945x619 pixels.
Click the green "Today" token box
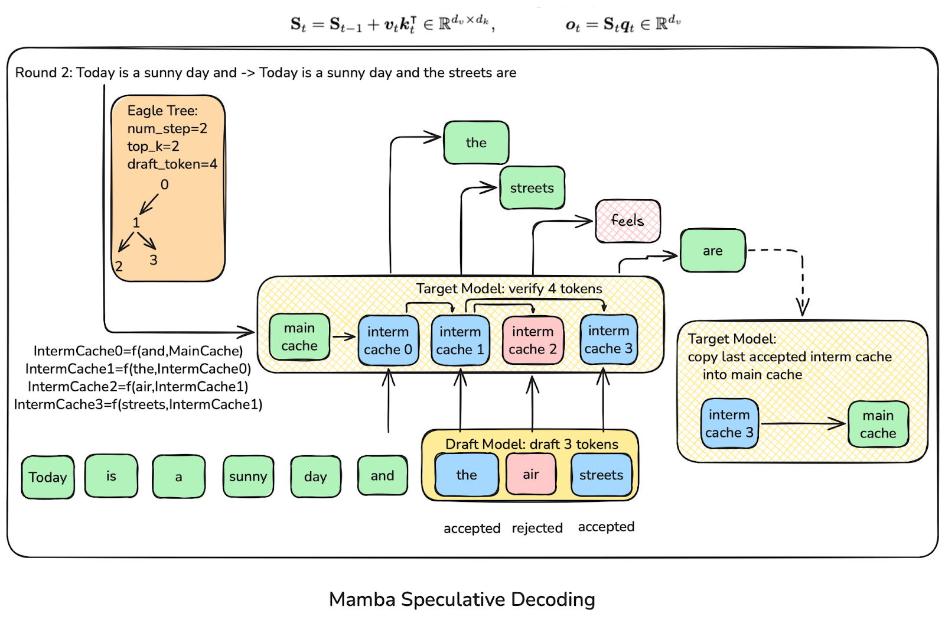(48, 477)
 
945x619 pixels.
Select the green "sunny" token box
(248, 477)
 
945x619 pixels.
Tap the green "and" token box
(382, 476)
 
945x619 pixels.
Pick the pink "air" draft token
(531, 475)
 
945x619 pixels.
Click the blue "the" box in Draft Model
(467, 475)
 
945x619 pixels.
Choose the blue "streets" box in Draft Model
(601, 475)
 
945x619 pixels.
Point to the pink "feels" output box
(627, 221)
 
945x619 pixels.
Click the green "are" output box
(712, 251)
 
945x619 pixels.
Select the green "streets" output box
(532, 188)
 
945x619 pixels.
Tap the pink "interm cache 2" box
(533, 341)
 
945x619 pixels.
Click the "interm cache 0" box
(388, 341)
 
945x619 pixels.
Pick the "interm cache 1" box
(460, 341)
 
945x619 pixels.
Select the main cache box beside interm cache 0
(299, 337)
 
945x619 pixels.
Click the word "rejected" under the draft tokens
(537, 528)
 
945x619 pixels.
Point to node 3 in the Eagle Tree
(154, 260)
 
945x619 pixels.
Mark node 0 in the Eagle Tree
(164, 185)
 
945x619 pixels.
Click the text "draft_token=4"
(172, 164)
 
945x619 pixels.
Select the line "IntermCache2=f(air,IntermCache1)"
(138, 387)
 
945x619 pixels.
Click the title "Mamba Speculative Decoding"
(462, 599)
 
